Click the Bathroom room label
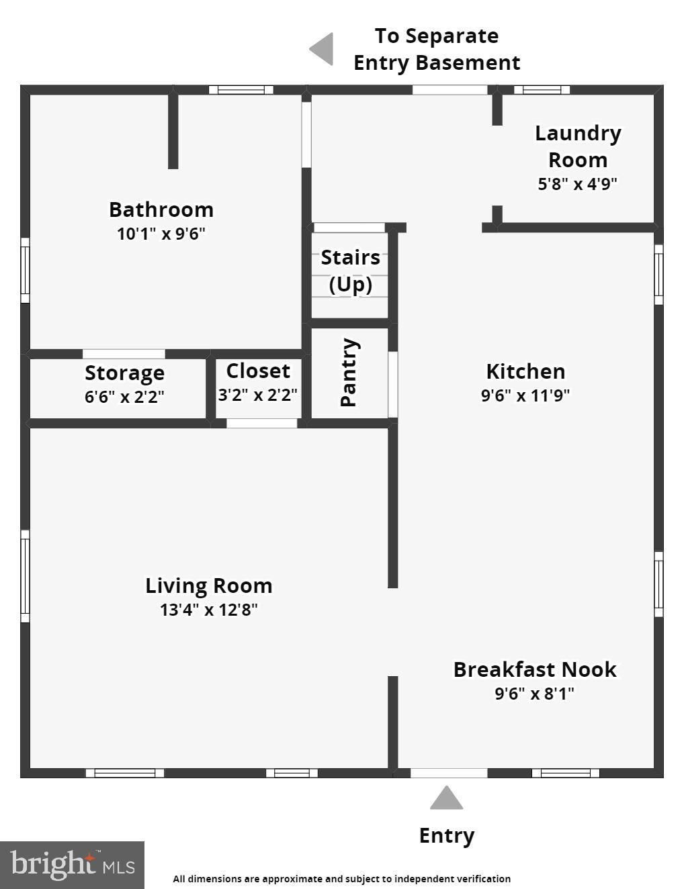161,209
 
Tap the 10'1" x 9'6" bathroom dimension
161,234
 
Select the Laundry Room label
578,146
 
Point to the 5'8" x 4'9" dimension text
577,183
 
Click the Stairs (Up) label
350,271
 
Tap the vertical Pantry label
349,372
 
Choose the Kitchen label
525,371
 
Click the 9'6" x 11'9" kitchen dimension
525,395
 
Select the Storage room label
124,373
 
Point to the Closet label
258,371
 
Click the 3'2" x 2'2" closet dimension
258,395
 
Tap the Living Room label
209,586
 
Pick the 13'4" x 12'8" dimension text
209,610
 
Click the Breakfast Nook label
535,669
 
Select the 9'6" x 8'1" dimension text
535,693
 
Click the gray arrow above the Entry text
447,798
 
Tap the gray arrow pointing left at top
323,49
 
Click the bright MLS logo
72,865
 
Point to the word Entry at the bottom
447,835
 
